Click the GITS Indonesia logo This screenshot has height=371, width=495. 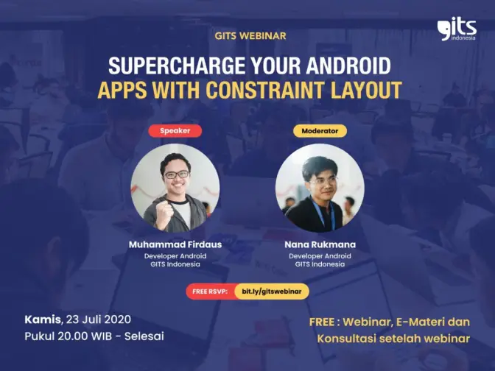coord(457,30)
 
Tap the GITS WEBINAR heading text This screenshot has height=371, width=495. coord(250,35)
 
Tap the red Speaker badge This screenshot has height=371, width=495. coord(175,130)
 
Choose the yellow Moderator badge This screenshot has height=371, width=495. coord(320,130)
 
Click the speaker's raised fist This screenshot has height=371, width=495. coord(165,214)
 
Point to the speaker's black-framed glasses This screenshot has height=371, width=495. coord(177,174)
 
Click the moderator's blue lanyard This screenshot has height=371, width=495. coord(322,213)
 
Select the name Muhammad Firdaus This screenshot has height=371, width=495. coord(175,244)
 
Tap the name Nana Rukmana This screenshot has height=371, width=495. coord(320,244)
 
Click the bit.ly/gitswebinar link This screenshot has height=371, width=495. coord(272,291)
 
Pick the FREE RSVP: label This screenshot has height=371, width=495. coord(210,291)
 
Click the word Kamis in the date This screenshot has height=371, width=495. coord(43,319)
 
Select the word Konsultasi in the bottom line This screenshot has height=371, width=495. coord(346,339)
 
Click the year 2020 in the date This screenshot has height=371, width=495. coord(117,319)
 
